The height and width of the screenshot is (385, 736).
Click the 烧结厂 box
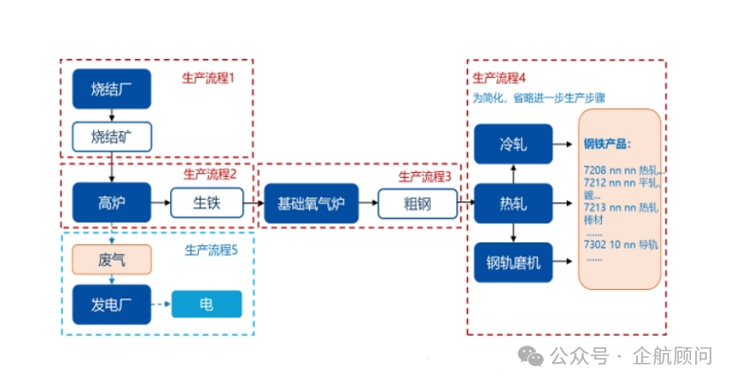coord(111,89)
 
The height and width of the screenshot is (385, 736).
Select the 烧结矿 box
coord(111,136)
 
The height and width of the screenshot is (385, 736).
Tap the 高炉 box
coord(111,202)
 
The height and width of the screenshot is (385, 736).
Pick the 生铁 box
coord(207,202)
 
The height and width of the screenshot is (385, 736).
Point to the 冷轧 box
coord(513,144)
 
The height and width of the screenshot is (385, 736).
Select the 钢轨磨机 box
coord(513,263)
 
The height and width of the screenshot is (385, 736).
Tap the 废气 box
coord(111,259)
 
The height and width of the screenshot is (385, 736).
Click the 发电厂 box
coord(111,305)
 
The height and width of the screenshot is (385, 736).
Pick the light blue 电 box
coord(207,305)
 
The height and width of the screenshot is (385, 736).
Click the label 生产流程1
coord(208,79)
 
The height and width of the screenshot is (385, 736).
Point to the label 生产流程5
coord(210,251)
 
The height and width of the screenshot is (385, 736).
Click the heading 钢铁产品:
coord(607,144)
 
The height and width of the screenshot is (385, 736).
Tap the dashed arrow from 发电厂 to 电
coord(161,305)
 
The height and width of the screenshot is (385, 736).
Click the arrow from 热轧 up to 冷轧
coord(513,173)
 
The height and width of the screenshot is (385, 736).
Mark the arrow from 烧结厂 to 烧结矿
coord(111,115)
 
